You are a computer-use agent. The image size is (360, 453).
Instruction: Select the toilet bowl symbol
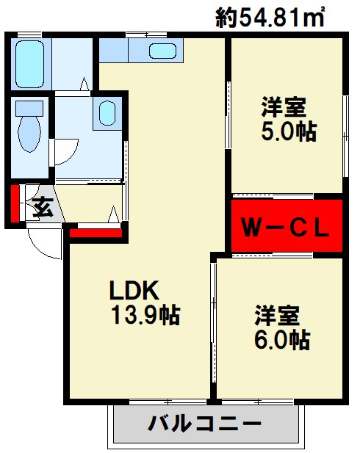point(30,137)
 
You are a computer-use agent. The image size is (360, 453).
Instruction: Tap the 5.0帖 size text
point(288,131)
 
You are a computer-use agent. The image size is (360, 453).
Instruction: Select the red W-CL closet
point(287,225)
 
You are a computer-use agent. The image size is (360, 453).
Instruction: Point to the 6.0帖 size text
point(282,340)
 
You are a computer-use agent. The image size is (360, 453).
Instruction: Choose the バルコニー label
point(205,424)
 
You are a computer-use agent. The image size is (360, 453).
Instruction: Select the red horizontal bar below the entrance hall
point(96,233)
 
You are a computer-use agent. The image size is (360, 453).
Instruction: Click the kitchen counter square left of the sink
point(112,50)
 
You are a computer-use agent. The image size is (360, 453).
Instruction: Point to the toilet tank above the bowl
point(30,107)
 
